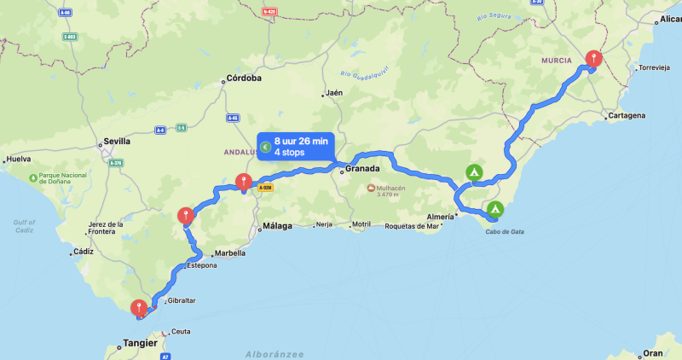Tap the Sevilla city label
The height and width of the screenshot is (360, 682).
pyautogui.click(x=116, y=141)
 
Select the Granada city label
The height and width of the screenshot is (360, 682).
pyautogui.click(x=361, y=170)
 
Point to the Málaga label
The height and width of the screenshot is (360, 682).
pyautogui.click(x=276, y=226)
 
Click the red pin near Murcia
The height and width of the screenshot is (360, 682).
pyautogui.click(x=594, y=59)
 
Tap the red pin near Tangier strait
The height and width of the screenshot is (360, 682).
pyautogui.click(x=138, y=308)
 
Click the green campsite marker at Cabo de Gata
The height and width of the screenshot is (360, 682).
pyautogui.click(x=494, y=209)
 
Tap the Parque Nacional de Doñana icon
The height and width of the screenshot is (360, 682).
pyautogui.click(x=32, y=178)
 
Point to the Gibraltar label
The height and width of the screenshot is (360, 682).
pyautogui.click(x=182, y=301)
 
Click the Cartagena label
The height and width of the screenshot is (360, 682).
pyautogui.click(x=629, y=115)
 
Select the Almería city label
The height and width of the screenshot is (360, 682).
pyautogui.click(x=440, y=218)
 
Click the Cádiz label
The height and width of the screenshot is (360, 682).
pyautogui.click(x=84, y=252)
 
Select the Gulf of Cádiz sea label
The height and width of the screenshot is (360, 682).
pyautogui.click(x=24, y=226)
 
